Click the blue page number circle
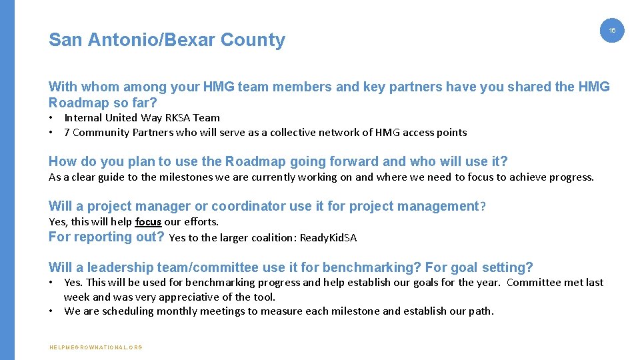(612, 31)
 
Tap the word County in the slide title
(253, 40)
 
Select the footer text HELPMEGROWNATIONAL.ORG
(96, 347)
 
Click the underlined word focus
(148, 222)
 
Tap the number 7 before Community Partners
(67, 133)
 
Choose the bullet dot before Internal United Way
(51, 118)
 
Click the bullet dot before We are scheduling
(51, 311)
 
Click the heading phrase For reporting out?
(107, 237)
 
